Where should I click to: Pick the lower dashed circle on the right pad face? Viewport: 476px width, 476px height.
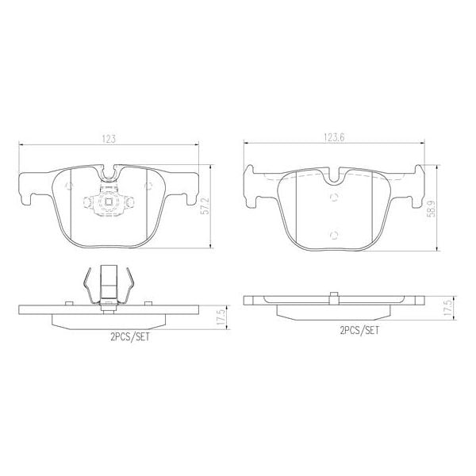pyautogui.click(x=334, y=234)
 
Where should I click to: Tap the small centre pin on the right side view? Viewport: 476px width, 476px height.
pyautogui.click(x=334, y=297)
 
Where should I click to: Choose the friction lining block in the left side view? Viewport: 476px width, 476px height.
pyautogui.click(x=109, y=319)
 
